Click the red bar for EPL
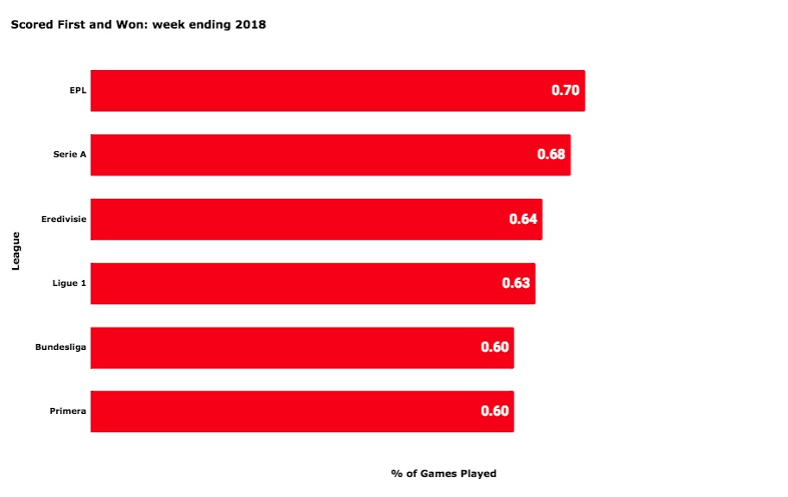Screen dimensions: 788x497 337,91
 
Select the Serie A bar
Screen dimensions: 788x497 331,155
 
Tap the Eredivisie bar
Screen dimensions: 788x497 317,220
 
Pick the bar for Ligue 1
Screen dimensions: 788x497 313,284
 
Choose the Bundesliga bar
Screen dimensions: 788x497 302,347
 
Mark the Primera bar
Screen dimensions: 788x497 302,411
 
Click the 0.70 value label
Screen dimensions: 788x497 565,90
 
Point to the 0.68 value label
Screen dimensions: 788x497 552,154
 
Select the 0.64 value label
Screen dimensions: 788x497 523,219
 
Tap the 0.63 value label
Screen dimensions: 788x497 516,283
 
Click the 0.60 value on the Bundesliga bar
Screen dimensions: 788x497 495,347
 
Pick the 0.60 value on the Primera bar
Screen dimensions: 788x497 495,411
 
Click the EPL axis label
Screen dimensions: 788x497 78,91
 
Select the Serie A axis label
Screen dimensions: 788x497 70,155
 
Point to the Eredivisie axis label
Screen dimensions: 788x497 64,219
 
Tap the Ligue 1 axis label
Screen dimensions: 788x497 69,284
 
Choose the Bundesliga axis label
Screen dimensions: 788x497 60,347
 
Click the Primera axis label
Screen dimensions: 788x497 68,411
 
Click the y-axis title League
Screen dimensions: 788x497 16,251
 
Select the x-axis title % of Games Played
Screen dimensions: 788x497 444,474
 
